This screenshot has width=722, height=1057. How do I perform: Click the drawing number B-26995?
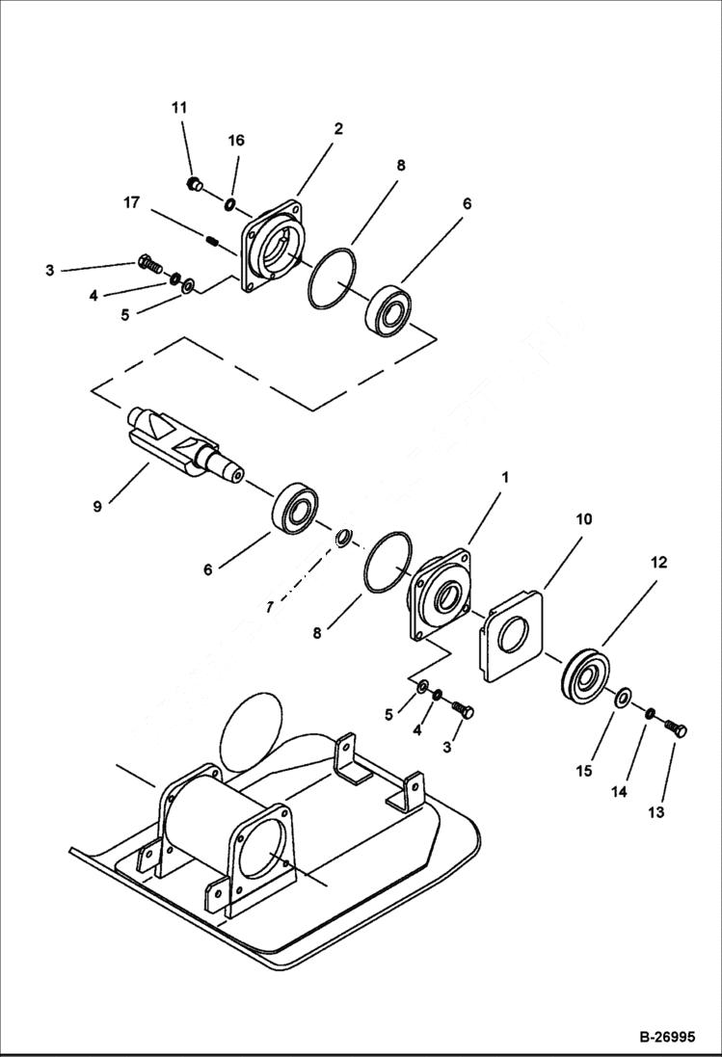(666, 1038)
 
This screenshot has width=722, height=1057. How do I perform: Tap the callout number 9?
(97, 506)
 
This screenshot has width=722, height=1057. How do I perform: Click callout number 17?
(131, 202)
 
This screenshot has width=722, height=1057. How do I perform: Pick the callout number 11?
(179, 108)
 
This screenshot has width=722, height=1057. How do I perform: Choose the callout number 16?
(236, 141)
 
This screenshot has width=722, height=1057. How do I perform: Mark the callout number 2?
(338, 128)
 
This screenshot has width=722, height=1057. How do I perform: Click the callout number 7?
(270, 606)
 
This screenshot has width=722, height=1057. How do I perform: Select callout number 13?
(655, 812)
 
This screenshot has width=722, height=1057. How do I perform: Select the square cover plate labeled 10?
(511, 637)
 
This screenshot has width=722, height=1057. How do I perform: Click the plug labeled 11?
(192, 183)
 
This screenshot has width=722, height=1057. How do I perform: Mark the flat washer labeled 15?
(624, 697)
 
